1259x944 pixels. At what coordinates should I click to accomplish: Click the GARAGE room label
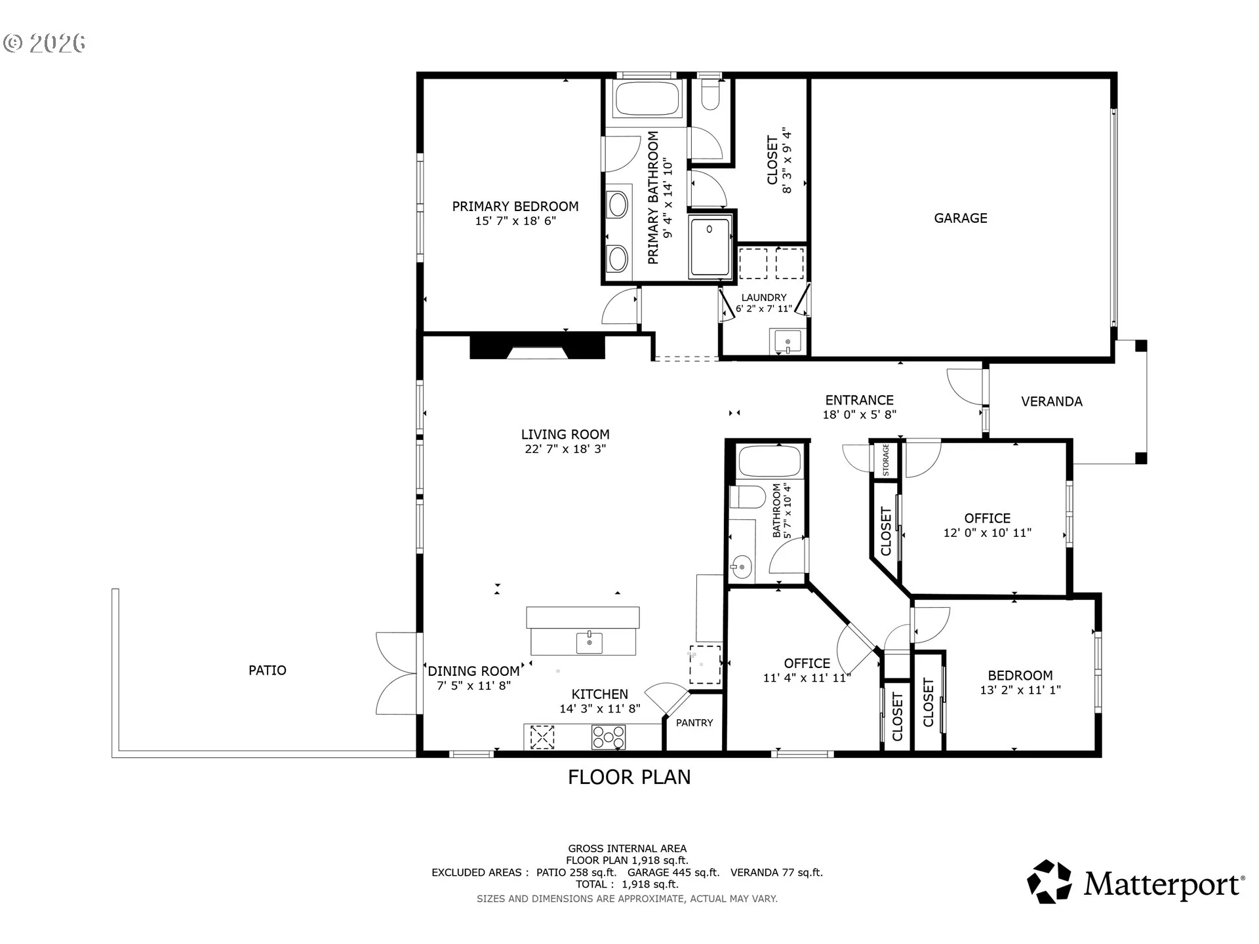point(961,218)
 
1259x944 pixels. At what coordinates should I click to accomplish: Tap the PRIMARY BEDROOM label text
point(515,206)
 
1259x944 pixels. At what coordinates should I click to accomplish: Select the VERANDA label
point(1052,402)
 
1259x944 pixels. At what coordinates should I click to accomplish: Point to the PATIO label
point(268,671)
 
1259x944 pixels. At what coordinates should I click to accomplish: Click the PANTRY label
point(694,723)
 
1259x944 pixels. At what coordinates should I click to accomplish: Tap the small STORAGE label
point(886,460)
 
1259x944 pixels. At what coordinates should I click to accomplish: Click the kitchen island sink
point(590,643)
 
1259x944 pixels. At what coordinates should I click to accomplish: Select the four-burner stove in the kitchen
point(609,737)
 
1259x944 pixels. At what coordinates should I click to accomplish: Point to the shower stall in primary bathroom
point(709,248)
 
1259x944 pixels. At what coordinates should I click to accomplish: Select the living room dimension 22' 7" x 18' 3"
point(565,450)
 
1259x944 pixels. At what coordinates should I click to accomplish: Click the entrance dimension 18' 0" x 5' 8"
point(860,415)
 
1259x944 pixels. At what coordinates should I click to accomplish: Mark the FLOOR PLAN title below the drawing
point(629,777)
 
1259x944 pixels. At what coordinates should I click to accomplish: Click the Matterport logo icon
point(1049,882)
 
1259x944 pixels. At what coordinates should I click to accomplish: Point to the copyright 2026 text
point(44,43)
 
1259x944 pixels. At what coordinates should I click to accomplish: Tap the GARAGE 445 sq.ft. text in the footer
point(673,873)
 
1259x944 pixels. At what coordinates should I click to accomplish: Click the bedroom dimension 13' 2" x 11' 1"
point(1020,690)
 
